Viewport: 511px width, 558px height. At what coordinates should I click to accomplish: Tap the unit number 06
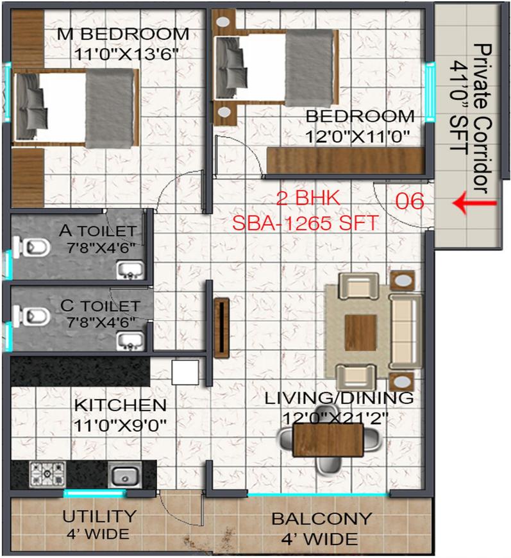coord(410,201)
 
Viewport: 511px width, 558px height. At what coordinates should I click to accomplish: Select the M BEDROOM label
coord(123,33)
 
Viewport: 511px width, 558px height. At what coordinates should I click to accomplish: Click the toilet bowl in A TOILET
coord(33,245)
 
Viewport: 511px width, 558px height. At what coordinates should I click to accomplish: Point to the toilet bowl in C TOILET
coord(33,316)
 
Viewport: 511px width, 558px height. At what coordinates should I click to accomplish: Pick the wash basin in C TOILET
coord(130,340)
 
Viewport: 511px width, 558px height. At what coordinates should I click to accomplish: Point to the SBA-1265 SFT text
coord(305,224)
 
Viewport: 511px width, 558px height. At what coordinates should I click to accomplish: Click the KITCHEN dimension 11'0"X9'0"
coord(120,423)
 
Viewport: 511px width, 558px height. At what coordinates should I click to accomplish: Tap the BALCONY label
coord(321,518)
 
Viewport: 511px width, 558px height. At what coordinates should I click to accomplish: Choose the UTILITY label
coord(99,516)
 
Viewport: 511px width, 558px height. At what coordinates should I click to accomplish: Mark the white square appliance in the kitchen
coord(185,372)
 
